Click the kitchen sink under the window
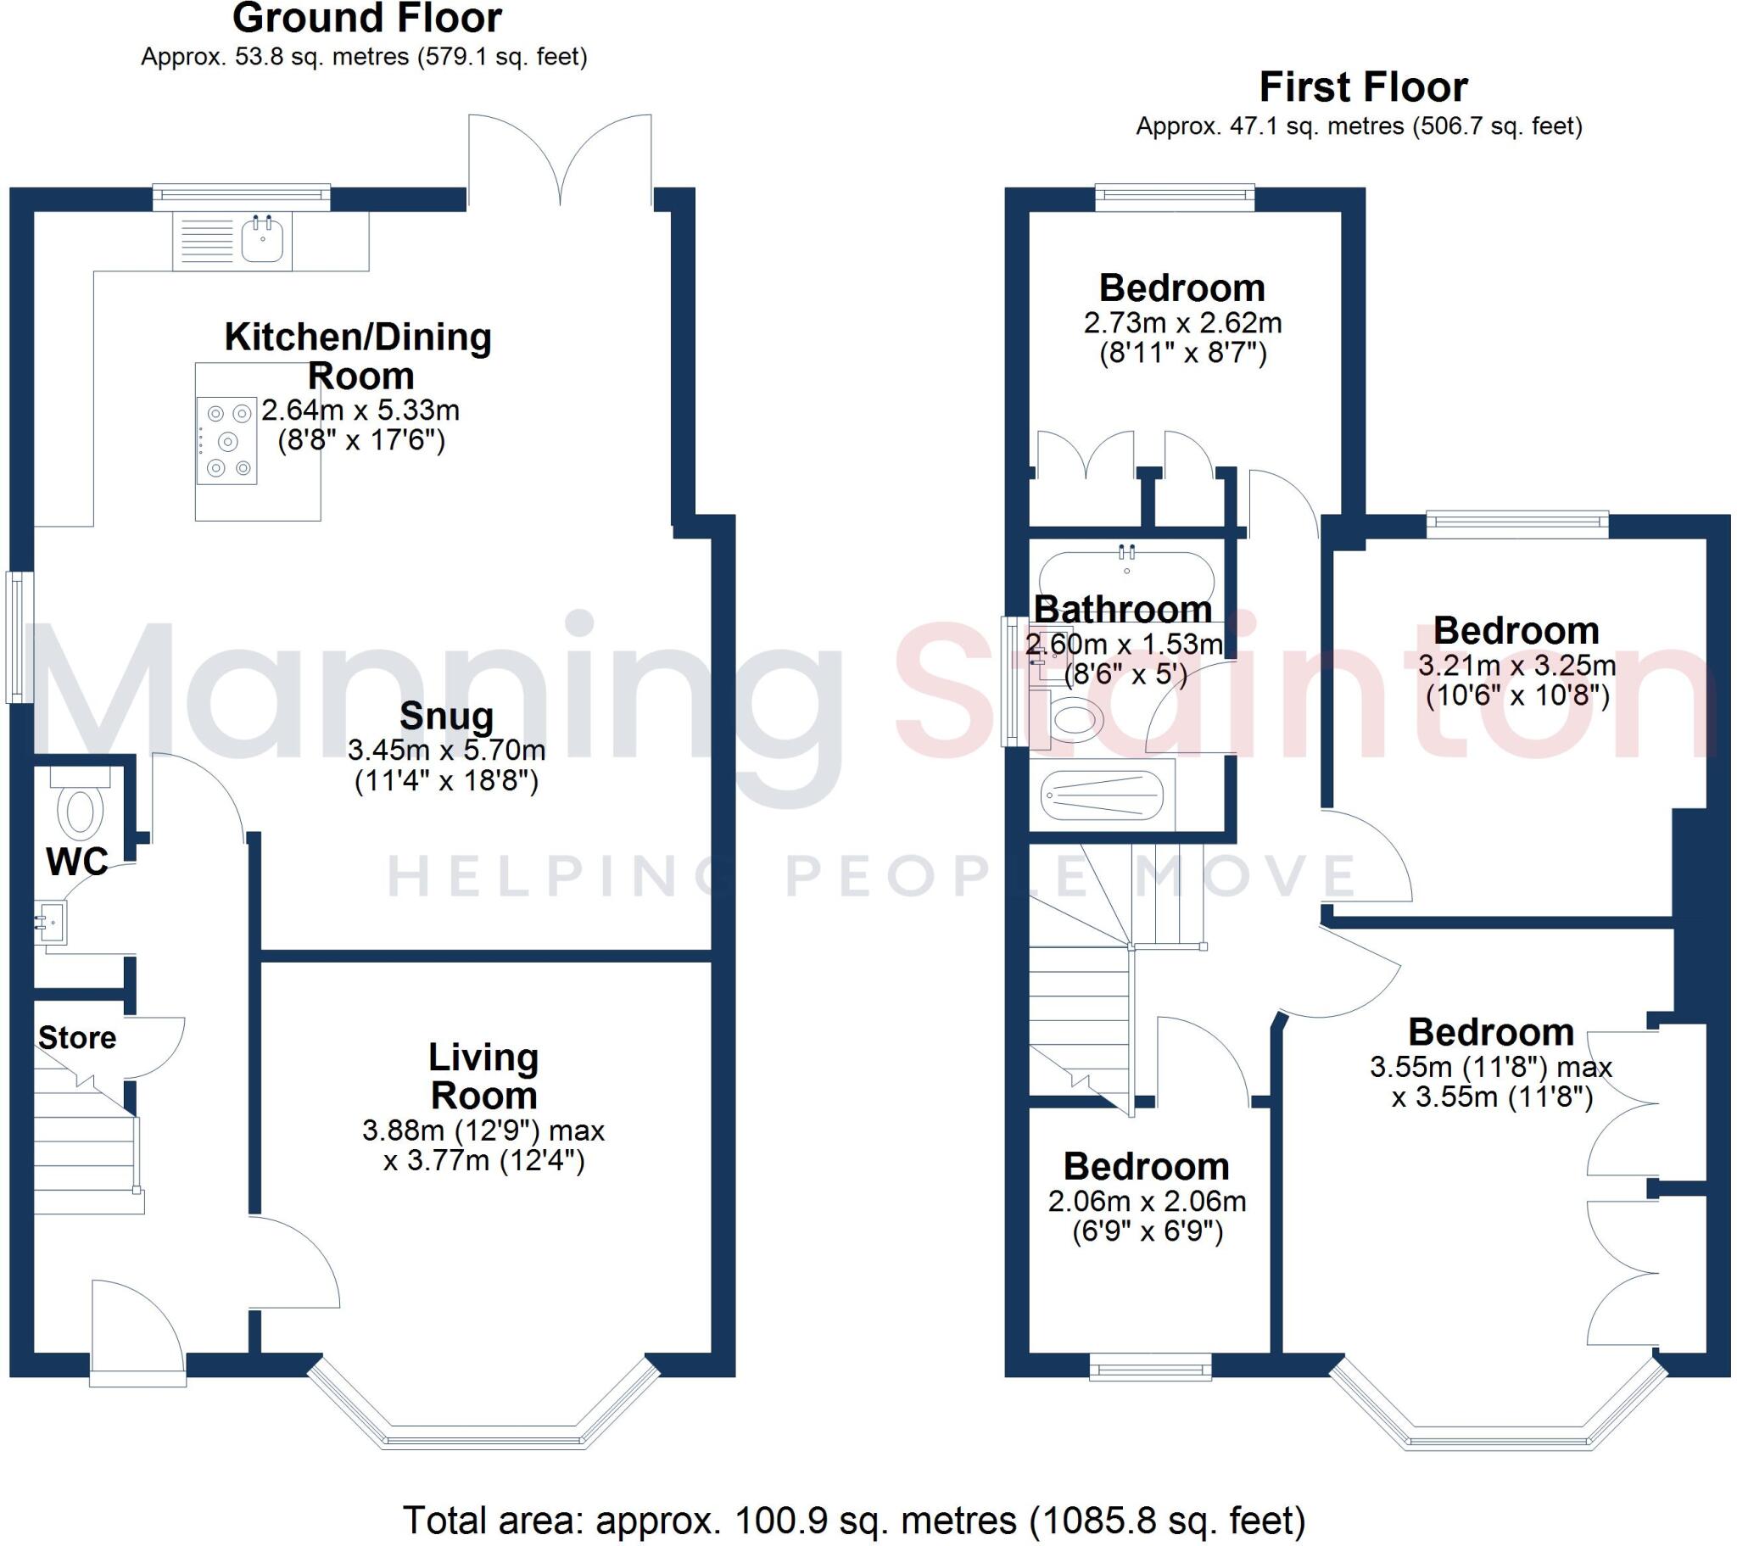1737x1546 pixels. coord(262,239)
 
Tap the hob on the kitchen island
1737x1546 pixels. coord(227,441)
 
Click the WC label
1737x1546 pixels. coord(76,862)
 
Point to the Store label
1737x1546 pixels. coord(77,1038)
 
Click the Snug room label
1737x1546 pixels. coord(446,717)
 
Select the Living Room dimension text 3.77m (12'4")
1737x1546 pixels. coord(484,1161)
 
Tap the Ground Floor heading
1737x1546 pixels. coord(367,19)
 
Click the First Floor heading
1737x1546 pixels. coord(1363,87)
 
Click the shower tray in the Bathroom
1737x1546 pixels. coord(1102,795)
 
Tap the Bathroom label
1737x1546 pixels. coord(1123,611)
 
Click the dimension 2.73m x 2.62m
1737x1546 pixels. coord(1182,323)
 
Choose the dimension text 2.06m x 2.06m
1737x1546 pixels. coord(1147,1202)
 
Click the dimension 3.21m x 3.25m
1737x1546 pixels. coord(1516,666)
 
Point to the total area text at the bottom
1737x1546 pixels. coord(853,1521)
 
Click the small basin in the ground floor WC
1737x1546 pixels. coord(51,921)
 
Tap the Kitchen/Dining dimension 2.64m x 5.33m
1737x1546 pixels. coord(360,410)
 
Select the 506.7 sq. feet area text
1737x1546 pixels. coord(1497,126)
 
